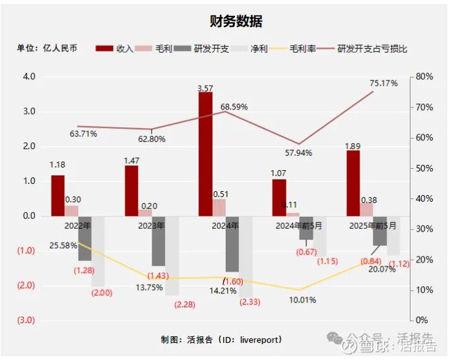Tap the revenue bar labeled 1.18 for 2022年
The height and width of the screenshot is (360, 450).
tap(58, 195)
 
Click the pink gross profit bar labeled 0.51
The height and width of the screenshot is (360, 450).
tap(219, 207)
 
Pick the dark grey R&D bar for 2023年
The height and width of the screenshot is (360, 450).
tap(158, 241)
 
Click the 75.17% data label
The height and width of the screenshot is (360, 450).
tap(383, 84)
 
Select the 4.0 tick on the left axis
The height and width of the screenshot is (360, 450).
tap(29, 76)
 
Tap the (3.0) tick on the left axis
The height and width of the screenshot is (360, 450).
tap(26, 320)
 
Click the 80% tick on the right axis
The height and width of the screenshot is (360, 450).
tap(424, 76)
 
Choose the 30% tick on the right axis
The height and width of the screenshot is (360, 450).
tap(424, 229)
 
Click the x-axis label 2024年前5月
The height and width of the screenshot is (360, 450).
tap(300, 225)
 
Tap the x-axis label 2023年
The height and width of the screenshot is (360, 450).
tap(152, 225)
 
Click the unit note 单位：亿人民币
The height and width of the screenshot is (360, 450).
tap(48, 49)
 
